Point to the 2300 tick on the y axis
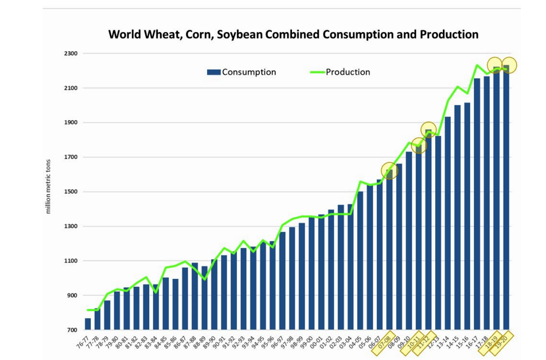(71, 54)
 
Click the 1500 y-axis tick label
(71, 192)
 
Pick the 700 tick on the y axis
(72, 330)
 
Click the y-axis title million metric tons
(48, 186)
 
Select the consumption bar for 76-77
(88, 324)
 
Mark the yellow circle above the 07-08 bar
(389, 170)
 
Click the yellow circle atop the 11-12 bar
(428, 129)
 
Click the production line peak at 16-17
(477, 65)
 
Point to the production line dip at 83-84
(156, 293)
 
